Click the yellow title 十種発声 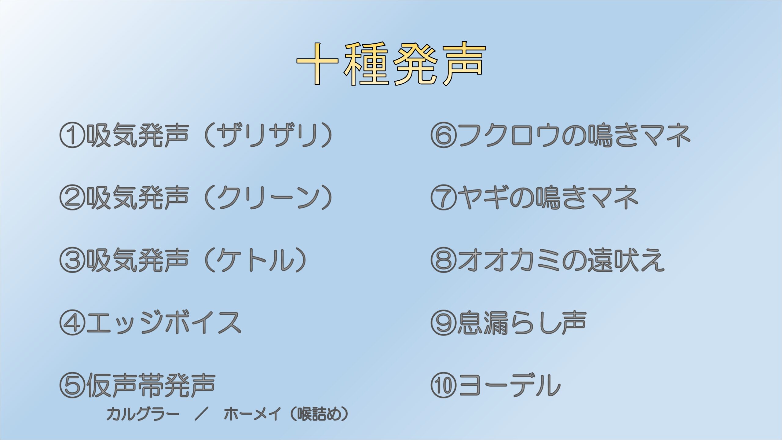[x=391, y=64]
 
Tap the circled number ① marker [x=72, y=135]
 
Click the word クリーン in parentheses [x=268, y=197]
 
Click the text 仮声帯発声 [x=151, y=385]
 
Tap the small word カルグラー [x=143, y=414]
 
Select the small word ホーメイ [x=252, y=414]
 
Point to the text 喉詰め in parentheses [x=319, y=414]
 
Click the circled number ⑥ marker [x=444, y=135]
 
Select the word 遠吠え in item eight [x=626, y=260]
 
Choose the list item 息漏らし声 [x=522, y=323]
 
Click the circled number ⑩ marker [x=444, y=385]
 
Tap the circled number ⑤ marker [x=72, y=385]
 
